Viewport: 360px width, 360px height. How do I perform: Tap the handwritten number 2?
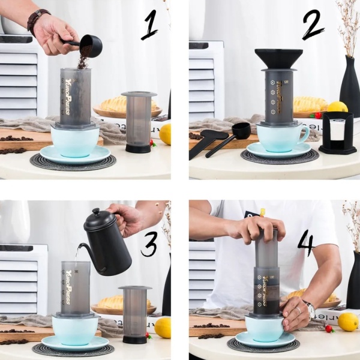(x=312, y=26)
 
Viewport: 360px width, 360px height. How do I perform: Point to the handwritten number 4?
(x=305, y=242)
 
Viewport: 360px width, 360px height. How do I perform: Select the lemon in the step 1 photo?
(x=165, y=134)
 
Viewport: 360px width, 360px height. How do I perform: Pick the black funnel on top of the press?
(x=278, y=59)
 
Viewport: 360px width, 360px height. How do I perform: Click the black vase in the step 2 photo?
(x=350, y=90)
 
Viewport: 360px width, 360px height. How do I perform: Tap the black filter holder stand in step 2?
(x=337, y=133)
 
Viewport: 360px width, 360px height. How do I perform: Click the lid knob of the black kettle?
(x=95, y=212)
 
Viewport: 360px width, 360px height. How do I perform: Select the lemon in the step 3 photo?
(x=163, y=328)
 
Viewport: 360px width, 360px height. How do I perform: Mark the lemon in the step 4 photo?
(x=347, y=322)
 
